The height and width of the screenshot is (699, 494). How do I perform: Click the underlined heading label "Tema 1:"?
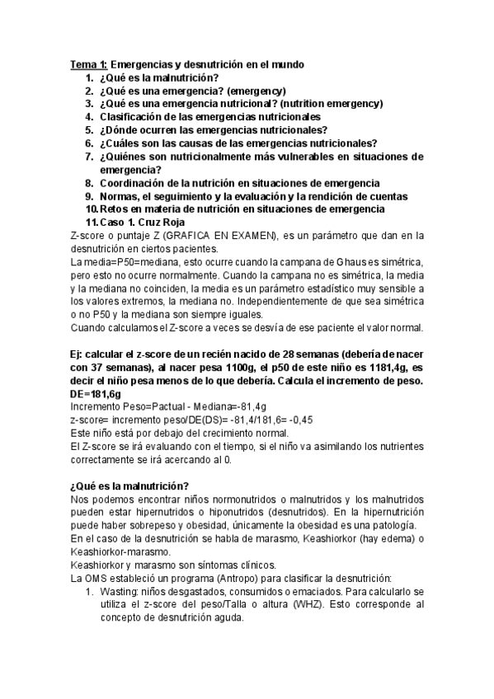click(x=87, y=64)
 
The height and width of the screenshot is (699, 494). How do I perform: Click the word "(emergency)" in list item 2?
click(x=256, y=91)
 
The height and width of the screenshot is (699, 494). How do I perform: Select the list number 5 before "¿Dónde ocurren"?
click(x=88, y=129)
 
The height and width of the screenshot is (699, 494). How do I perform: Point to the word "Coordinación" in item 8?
click(x=137, y=182)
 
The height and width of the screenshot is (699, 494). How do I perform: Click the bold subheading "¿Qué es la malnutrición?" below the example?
click(x=130, y=486)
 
